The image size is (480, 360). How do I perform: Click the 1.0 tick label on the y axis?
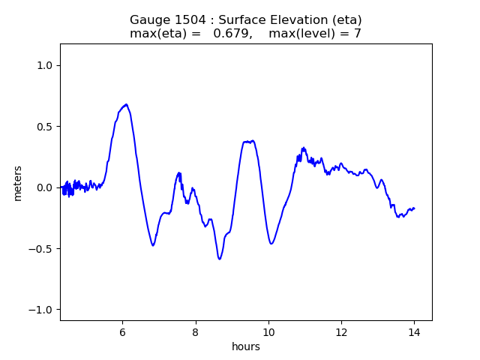tap(46, 65)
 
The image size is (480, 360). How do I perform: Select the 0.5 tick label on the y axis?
tap(46, 127)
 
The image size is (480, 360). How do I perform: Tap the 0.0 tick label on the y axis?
tap(46, 187)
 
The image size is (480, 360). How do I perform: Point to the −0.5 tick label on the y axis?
tap(43, 249)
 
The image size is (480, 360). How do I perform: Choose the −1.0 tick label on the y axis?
tap(43, 310)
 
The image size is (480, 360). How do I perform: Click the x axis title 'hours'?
tap(246, 346)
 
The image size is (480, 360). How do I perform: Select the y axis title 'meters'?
tap(18, 183)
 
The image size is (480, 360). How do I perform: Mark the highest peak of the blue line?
tap(126, 104)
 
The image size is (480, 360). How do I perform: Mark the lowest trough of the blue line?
tap(220, 259)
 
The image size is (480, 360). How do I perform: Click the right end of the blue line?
tap(414, 208)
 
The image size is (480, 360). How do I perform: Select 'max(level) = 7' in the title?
tap(315, 34)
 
